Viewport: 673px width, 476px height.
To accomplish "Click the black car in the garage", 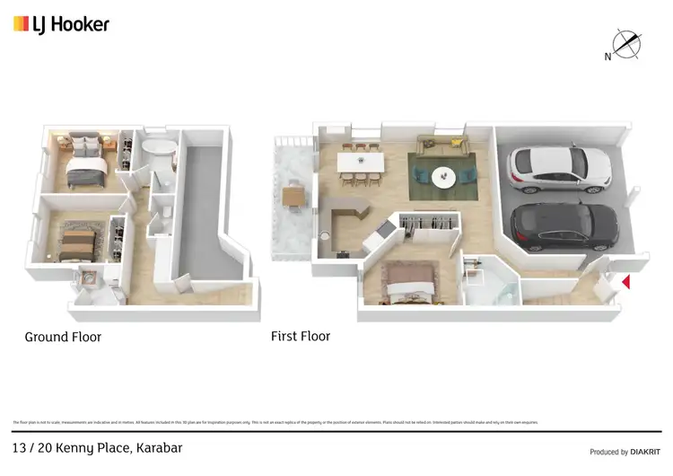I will coord(564,226).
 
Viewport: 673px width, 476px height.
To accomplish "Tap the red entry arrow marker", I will coord(626,282).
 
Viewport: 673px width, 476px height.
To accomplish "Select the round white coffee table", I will coord(444,177).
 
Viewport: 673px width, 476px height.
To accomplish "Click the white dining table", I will coord(361,163).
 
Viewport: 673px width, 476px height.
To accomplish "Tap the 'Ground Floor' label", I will coord(63,338).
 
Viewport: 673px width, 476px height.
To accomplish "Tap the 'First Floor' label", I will coord(301,337).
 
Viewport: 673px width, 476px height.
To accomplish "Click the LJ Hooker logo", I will coord(61,24).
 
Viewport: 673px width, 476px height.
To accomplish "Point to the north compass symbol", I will coord(625,45).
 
